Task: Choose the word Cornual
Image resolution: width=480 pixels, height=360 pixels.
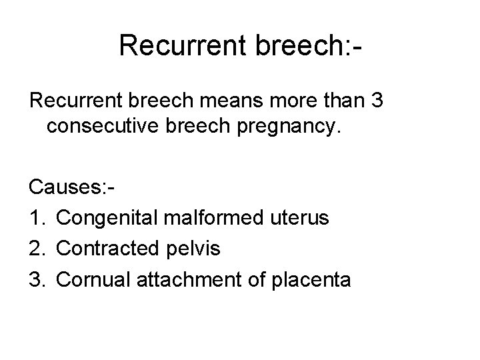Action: [x=94, y=280]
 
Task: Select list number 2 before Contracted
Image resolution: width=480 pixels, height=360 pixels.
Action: [x=36, y=249]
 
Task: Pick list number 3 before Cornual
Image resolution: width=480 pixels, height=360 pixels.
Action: [x=36, y=280]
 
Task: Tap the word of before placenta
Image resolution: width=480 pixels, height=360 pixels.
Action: [x=257, y=280]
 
